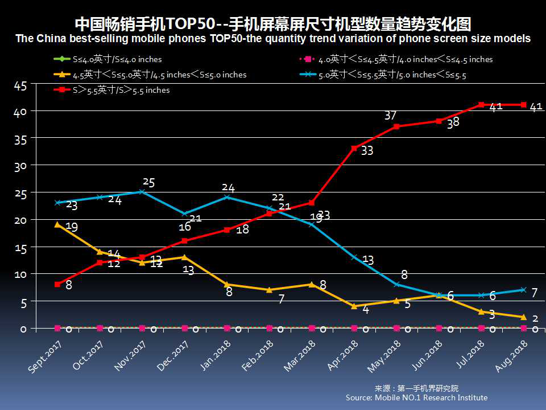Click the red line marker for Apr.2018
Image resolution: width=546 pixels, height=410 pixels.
click(x=354, y=148)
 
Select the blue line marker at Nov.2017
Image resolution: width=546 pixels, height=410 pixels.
click(x=142, y=192)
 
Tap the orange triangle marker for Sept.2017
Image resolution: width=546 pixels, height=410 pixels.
click(x=57, y=224)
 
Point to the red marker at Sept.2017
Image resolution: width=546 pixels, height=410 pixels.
click(x=57, y=284)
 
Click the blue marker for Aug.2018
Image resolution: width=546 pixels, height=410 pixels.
click(x=523, y=290)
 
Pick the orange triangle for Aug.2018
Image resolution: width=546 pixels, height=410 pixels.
click(x=523, y=317)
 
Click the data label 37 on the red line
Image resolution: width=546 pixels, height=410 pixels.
click(x=390, y=116)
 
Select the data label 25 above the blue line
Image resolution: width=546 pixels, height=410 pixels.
click(x=148, y=182)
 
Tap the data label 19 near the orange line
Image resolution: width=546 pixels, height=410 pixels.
click(x=72, y=227)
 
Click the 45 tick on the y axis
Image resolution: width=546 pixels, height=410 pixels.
click(x=20, y=86)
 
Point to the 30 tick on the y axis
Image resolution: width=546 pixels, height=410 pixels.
click(x=20, y=167)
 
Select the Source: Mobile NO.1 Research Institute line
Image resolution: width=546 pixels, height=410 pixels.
click(x=416, y=397)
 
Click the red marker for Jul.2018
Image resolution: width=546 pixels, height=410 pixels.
click(x=481, y=105)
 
